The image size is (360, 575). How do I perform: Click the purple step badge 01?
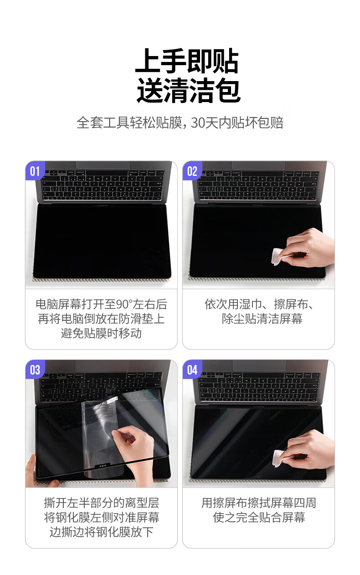click(35, 171)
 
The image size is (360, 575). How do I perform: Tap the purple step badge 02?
click(192, 171)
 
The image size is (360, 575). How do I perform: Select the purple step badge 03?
click(35, 370)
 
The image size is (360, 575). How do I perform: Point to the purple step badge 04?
click(192, 370)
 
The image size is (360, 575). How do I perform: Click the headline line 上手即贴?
click(187, 62)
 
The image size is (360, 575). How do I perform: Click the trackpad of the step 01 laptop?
click(102, 165)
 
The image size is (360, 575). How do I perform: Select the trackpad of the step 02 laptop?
click(258, 165)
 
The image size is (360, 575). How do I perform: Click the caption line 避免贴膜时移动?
click(101, 333)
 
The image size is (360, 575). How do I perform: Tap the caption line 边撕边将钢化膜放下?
click(101, 532)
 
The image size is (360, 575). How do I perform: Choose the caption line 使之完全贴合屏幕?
click(259, 517)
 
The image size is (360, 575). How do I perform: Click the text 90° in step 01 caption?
click(124, 304)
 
